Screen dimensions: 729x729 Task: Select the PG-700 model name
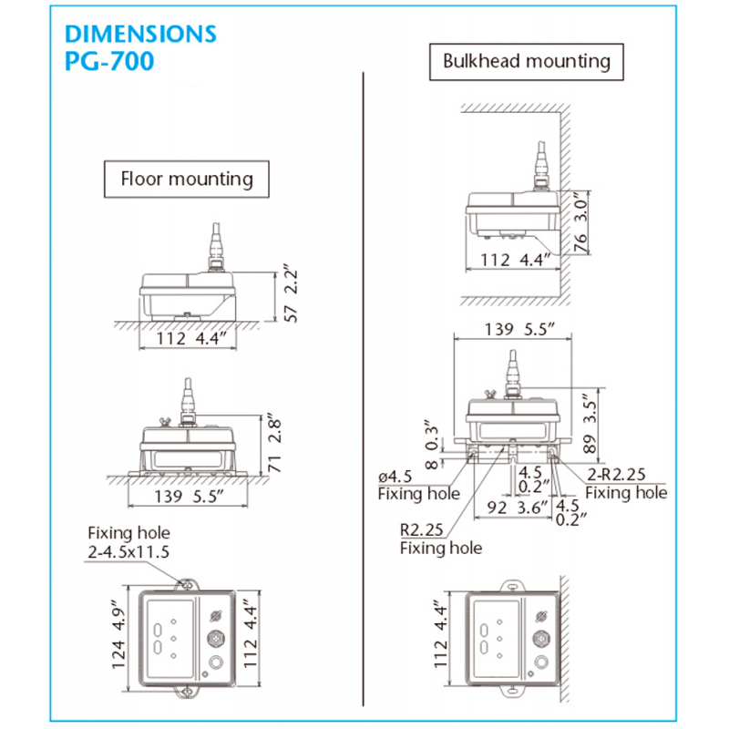pyautogui.click(x=110, y=62)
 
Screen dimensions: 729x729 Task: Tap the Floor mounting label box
pyautogui.click(x=187, y=179)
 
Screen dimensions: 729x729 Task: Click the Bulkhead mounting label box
pyautogui.click(x=527, y=62)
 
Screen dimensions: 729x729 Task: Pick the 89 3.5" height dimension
pyautogui.click(x=590, y=423)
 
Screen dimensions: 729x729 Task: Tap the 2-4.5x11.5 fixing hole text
pyautogui.click(x=129, y=551)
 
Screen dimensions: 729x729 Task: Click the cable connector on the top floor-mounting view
pyautogui.click(x=218, y=248)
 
